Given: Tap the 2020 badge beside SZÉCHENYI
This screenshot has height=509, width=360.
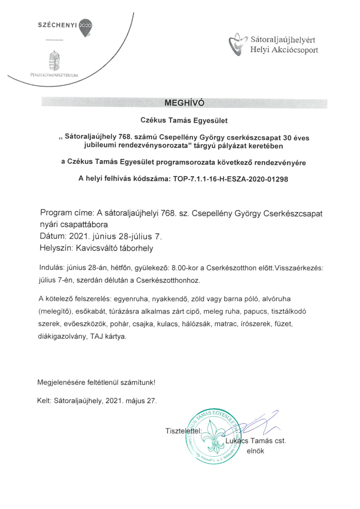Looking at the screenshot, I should pyautogui.click(x=85, y=25).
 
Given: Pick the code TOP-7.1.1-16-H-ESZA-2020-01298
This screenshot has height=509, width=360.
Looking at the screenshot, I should pyautogui.click(x=231, y=179).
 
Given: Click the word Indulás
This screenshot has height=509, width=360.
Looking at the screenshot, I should pyautogui.click(x=50, y=269).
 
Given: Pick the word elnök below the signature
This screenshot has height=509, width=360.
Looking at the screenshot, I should pyautogui.click(x=255, y=451).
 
